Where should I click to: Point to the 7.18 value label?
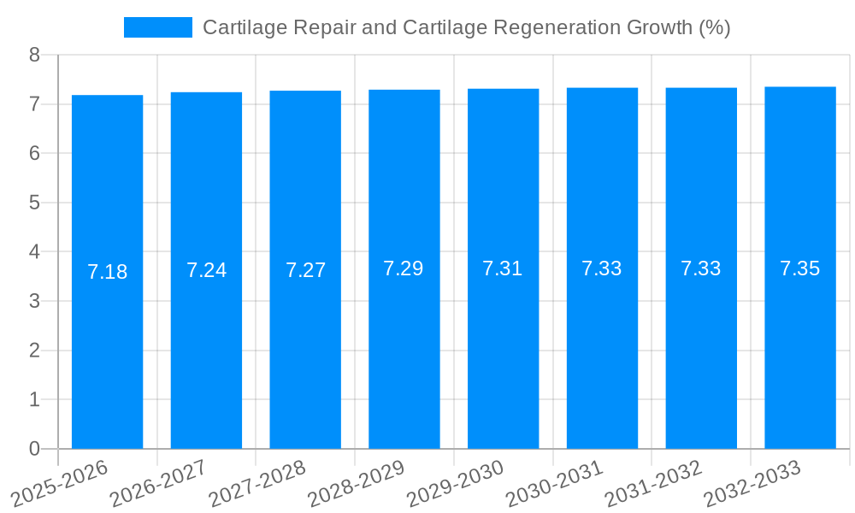click(108, 272)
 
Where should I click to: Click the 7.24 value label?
click(207, 270)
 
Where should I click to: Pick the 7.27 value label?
click(305, 270)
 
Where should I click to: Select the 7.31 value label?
click(503, 268)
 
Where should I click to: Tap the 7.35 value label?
click(800, 268)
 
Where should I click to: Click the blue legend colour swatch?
click(158, 27)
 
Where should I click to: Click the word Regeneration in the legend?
click(544, 27)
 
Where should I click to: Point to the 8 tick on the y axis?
click(34, 55)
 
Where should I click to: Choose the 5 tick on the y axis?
click(34, 203)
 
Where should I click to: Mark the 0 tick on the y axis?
click(34, 449)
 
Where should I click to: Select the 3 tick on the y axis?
click(34, 301)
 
